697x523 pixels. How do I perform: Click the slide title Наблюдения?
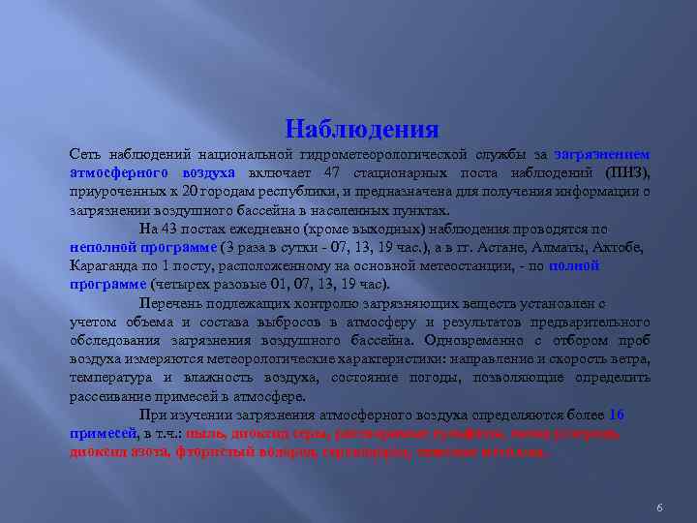pos(363,129)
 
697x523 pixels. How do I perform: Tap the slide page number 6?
pos(658,482)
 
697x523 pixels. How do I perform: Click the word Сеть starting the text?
pos(85,155)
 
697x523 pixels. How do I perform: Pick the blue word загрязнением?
pos(602,155)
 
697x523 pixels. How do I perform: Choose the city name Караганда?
pos(104,266)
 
